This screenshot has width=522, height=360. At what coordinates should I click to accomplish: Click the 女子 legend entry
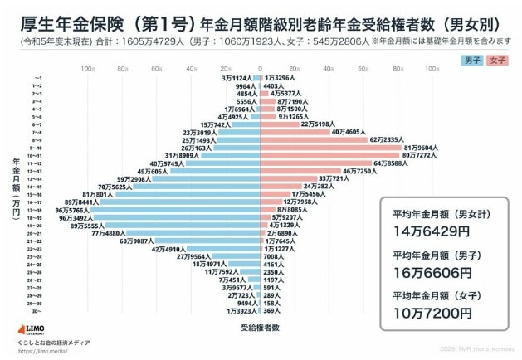497,61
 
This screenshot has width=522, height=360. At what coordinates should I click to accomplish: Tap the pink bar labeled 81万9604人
332,148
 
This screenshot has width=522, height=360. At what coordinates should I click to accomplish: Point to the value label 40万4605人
349,132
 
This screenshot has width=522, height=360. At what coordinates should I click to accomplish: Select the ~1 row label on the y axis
37,78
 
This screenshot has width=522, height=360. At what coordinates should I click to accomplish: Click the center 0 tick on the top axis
261,69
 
